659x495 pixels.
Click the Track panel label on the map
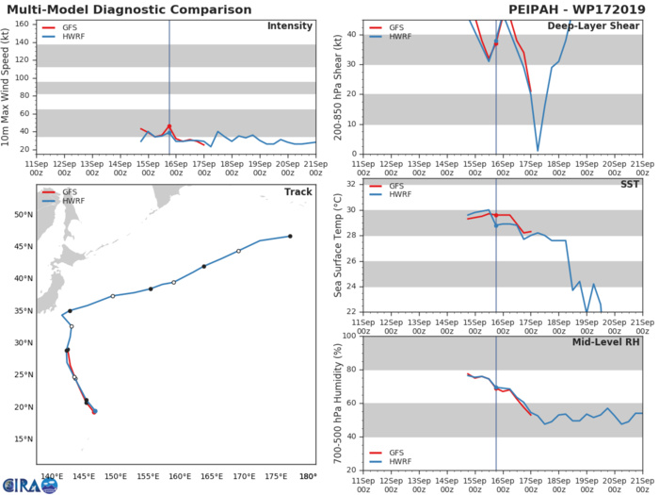coord(298,192)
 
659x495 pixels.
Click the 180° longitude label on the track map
coord(307,476)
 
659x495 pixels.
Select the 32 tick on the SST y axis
coord(351,184)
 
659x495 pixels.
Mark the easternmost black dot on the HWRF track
coord(290,237)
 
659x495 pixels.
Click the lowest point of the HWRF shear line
coord(538,149)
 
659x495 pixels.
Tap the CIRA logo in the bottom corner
coord(24,484)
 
